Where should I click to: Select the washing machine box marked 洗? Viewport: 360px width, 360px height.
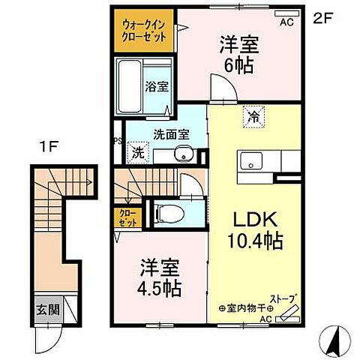tap(138, 152)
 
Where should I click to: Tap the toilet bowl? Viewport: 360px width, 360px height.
tap(169, 213)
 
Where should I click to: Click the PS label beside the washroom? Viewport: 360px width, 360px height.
tap(116, 140)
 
